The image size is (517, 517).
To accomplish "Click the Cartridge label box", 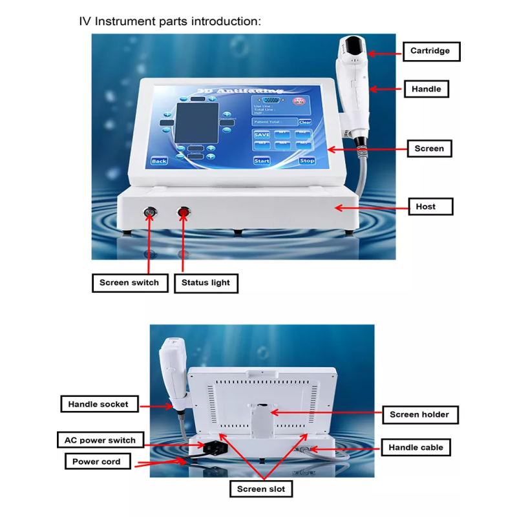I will pyautogui.click(x=431, y=51).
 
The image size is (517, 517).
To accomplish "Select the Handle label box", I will pyautogui.click(x=426, y=89).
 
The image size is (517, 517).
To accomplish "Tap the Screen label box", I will pyautogui.click(x=429, y=149).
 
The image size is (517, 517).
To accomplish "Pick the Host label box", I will pyautogui.click(x=426, y=207).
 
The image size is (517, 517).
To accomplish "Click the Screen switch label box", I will pyautogui.click(x=129, y=283).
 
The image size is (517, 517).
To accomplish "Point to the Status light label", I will pyautogui.click(x=206, y=283).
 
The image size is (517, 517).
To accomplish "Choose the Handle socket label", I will pyautogui.click(x=99, y=405).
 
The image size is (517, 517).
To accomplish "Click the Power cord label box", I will pyautogui.click(x=96, y=461).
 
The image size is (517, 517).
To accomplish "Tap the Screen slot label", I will pyautogui.click(x=260, y=489).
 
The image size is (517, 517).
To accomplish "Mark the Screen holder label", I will pyautogui.click(x=419, y=414).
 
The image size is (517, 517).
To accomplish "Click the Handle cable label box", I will pyautogui.click(x=416, y=447).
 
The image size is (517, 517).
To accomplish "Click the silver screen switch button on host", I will pyautogui.click(x=150, y=211).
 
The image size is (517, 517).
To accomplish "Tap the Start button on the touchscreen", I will pyautogui.click(x=262, y=160).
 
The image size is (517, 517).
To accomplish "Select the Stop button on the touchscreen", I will pyautogui.click(x=307, y=160).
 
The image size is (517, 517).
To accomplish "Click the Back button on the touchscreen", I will pyautogui.click(x=159, y=160).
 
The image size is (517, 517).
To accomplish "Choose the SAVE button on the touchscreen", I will pyautogui.click(x=262, y=135).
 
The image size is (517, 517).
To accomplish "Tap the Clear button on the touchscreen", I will pyautogui.click(x=305, y=122).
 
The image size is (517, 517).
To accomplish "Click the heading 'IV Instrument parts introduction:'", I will pyautogui.click(x=169, y=21).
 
